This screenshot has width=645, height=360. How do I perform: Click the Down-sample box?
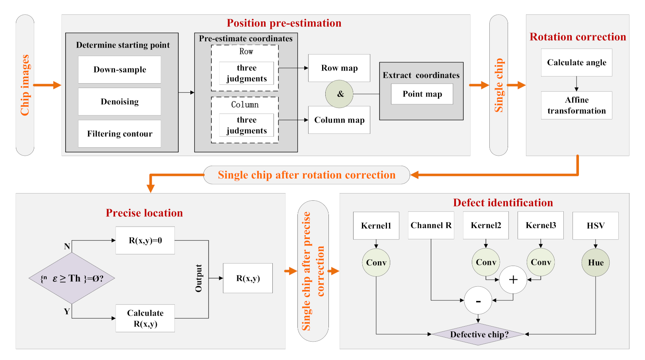[x=119, y=70]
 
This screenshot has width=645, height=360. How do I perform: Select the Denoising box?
[x=119, y=102]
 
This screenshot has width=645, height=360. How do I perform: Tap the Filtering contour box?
[x=119, y=134]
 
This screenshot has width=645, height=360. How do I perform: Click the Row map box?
[x=339, y=68]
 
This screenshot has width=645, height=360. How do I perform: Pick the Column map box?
[x=339, y=120]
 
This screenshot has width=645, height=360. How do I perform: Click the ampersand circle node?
[x=339, y=94]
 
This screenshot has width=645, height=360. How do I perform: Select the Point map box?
[x=422, y=94]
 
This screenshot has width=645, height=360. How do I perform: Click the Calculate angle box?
[x=576, y=63]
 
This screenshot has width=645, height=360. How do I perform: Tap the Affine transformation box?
[x=576, y=105]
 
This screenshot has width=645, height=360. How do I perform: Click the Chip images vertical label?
[x=25, y=85]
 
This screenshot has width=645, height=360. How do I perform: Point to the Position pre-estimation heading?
[x=284, y=23]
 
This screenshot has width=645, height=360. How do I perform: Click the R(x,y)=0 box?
[x=145, y=241]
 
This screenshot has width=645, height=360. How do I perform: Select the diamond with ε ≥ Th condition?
[x=72, y=278]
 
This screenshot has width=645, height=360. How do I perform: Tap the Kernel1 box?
[x=376, y=226]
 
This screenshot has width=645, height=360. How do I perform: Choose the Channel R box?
[x=431, y=225]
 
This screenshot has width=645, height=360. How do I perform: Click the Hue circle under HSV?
[x=595, y=262]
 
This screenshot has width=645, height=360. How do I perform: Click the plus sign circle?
[x=513, y=280]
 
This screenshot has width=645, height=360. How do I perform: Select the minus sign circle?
[x=478, y=301]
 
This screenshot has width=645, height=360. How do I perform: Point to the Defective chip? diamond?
[x=478, y=335]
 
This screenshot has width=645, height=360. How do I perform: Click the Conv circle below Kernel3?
[x=540, y=262]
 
